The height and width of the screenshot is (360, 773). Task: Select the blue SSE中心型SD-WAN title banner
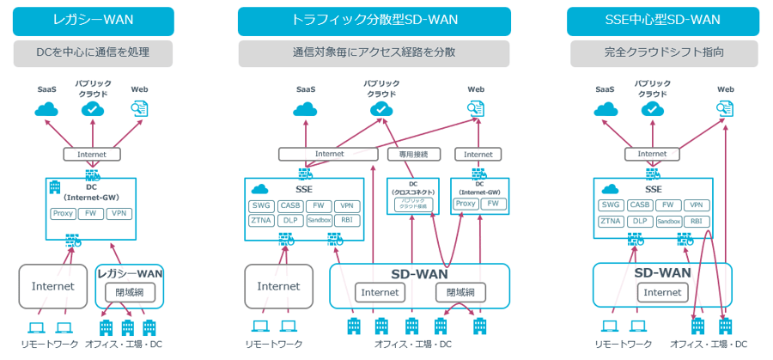(662, 21)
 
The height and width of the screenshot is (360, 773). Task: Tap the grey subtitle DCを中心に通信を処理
(93, 52)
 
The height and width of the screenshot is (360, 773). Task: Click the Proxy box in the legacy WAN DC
(63, 212)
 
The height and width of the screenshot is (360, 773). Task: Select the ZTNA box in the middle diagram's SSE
(260, 221)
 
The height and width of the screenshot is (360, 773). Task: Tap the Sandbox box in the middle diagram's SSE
(318, 221)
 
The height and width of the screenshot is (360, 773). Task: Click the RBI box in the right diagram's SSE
(697, 221)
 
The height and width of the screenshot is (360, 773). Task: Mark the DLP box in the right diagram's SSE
(639, 221)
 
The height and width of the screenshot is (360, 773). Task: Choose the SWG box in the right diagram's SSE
(611, 205)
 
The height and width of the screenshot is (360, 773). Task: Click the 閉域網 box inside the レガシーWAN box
(129, 292)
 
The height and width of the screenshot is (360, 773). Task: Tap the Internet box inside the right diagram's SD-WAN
(662, 293)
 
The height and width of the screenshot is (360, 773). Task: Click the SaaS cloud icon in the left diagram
(46, 109)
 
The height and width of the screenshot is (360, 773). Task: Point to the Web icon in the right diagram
(726, 108)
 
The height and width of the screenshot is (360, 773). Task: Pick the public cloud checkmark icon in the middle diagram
(381, 109)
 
